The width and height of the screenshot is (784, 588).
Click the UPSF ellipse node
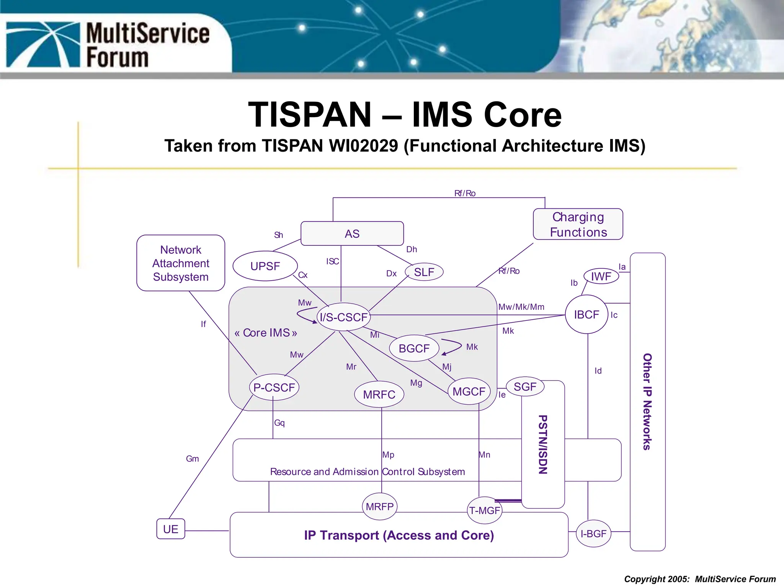(x=265, y=266)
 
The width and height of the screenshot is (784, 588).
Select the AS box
(x=352, y=234)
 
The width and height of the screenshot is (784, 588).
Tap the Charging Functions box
(x=578, y=224)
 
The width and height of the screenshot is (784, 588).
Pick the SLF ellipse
(x=424, y=272)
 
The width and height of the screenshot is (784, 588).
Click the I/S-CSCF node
(x=343, y=317)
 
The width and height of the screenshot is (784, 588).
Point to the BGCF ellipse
(x=414, y=348)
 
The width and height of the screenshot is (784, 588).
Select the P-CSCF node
(x=274, y=387)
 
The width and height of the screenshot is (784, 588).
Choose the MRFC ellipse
(x=379, y=394)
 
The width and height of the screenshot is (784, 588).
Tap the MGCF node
(x=469, y=391)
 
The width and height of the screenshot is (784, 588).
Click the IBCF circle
(x=586, y=315)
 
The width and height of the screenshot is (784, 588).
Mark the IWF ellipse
(x=601, y=276)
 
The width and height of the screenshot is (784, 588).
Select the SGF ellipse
(x=525, y=387)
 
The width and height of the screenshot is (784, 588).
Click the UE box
(x=171, y=529)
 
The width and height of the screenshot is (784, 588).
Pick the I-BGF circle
(x=593, y=533)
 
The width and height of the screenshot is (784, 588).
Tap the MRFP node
(x=379, y=506)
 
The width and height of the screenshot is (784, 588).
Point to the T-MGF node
(x=485, y=510)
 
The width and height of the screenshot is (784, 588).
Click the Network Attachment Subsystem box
(x=181, y=263)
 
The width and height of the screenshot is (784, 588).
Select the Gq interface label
(x=279, y=423)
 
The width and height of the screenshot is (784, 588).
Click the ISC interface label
(x=332, y=261)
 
